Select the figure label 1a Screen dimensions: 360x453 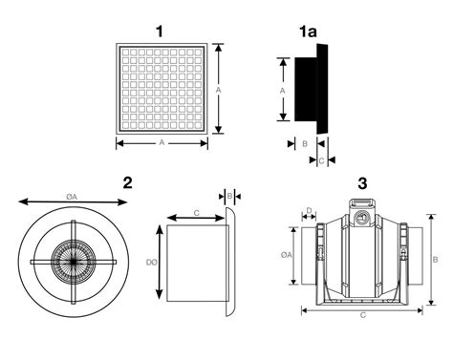[308, 32]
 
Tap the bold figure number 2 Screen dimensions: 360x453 [127, 182]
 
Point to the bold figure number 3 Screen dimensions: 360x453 [362, 182]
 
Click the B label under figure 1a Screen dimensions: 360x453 [303, 142]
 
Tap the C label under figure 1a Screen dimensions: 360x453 [321, 161]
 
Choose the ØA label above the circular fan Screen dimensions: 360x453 [73, 197]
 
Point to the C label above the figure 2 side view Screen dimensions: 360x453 [196, 212]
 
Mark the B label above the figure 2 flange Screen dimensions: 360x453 [230, 195]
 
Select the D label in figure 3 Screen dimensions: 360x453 [310, 211]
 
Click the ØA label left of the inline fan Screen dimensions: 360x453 [287, 256]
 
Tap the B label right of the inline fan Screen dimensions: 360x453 [435, 259]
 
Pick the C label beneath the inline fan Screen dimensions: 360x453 [362, 314]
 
